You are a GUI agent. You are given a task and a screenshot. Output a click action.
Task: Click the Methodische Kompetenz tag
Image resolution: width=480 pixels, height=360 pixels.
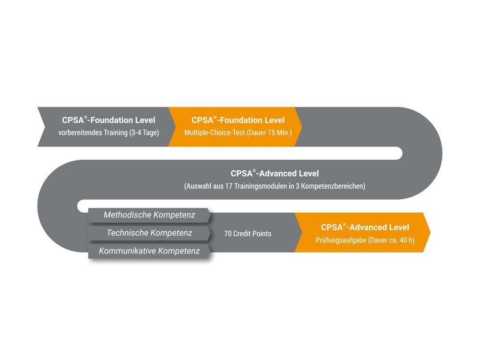(149, 215)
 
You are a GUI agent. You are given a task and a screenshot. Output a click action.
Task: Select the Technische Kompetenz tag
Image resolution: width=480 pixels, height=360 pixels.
(149, 233)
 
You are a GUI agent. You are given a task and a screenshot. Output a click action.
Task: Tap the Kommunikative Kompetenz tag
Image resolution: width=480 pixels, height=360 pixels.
(149, 252)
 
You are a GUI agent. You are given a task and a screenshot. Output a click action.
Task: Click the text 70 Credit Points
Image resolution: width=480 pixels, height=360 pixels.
(248, 234)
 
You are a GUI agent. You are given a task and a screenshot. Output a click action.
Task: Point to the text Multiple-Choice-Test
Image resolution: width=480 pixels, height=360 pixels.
(215, 132)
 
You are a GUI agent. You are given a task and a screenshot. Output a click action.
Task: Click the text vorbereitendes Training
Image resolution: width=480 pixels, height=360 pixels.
(93, 132)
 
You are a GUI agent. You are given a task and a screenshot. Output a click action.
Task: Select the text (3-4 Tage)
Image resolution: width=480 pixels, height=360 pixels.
(144, 132)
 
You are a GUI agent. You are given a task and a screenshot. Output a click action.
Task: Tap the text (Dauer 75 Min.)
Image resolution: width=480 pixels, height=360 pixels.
(269, 132)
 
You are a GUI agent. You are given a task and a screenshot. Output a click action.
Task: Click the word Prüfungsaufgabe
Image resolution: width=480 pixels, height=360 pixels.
(341, 240)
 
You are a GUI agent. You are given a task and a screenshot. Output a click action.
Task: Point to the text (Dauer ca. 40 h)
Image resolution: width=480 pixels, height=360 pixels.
(391, 240)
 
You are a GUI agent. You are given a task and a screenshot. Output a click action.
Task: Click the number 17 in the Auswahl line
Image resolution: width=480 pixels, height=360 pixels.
(229, 186)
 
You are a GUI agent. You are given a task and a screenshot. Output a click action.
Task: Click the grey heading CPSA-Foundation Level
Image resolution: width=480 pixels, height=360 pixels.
(108, 120)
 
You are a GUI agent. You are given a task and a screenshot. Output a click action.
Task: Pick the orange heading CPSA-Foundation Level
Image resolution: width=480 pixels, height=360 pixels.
(238, 120)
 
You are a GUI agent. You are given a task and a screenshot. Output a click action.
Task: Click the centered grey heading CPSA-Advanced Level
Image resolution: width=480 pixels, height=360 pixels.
(275, 174)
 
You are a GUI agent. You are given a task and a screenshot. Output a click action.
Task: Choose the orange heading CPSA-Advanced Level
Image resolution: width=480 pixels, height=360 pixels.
(365, 227)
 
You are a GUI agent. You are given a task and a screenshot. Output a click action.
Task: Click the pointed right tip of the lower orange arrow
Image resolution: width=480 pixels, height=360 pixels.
(430, 232)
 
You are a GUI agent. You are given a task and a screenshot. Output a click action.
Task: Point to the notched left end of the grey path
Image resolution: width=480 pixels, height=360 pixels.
(45, 127)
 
